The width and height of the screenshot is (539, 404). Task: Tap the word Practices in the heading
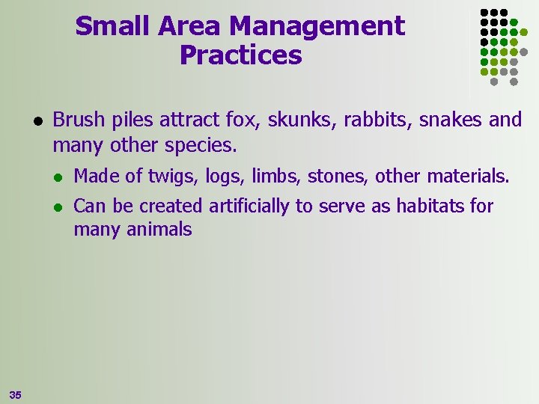[x=240, y=55]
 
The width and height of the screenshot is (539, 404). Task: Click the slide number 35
[x=16, y=394]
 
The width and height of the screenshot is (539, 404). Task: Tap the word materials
[x=468, y=177]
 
